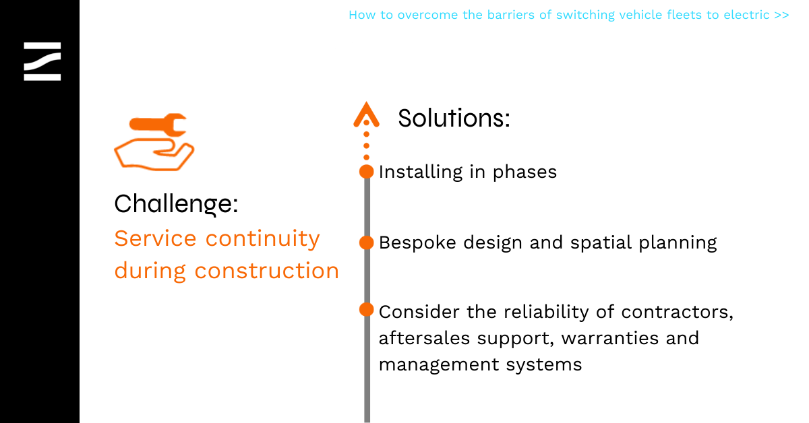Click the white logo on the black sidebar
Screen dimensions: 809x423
[42, 61]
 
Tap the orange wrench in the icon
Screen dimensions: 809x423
[158, 125]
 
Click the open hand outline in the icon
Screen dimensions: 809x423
[154, 155]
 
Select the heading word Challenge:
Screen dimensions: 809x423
[176, 204]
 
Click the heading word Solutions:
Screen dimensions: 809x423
[454, 118]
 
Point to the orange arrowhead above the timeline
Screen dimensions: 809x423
[366, 115]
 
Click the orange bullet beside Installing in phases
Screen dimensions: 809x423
[367, 172]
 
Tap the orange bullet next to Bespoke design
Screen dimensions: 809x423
[367, 242]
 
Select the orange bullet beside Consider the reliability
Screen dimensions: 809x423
[367, 310]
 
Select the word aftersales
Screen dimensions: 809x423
[424, 338]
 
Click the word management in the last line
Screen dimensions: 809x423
[439, 365]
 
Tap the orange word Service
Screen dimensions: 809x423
[155, 238]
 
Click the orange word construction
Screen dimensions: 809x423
[267, 271]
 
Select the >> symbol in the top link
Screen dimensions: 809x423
[781, 15]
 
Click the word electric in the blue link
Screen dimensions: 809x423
[746, 15]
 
